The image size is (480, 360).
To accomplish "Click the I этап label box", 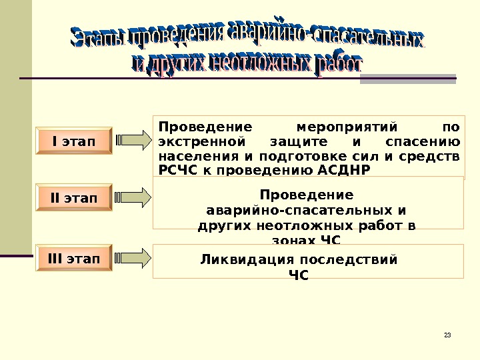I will pyautogui.click(x=73, y=141).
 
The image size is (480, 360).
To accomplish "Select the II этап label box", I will pyautogui.click(x=73, y=198).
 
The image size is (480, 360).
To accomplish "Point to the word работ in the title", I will pyautogui.click(x=337, y=64).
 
